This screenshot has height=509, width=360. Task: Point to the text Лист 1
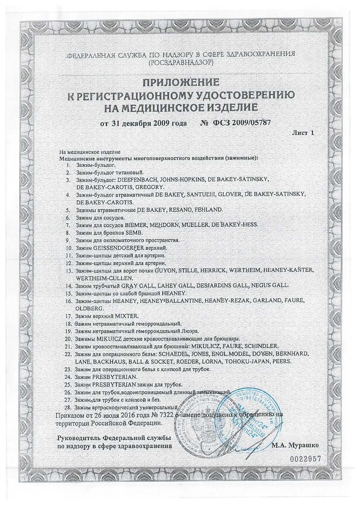(x=303, y=133)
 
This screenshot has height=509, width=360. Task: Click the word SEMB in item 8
(x=138, y=233)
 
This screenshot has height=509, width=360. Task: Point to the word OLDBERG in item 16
(x=89, y=308)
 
